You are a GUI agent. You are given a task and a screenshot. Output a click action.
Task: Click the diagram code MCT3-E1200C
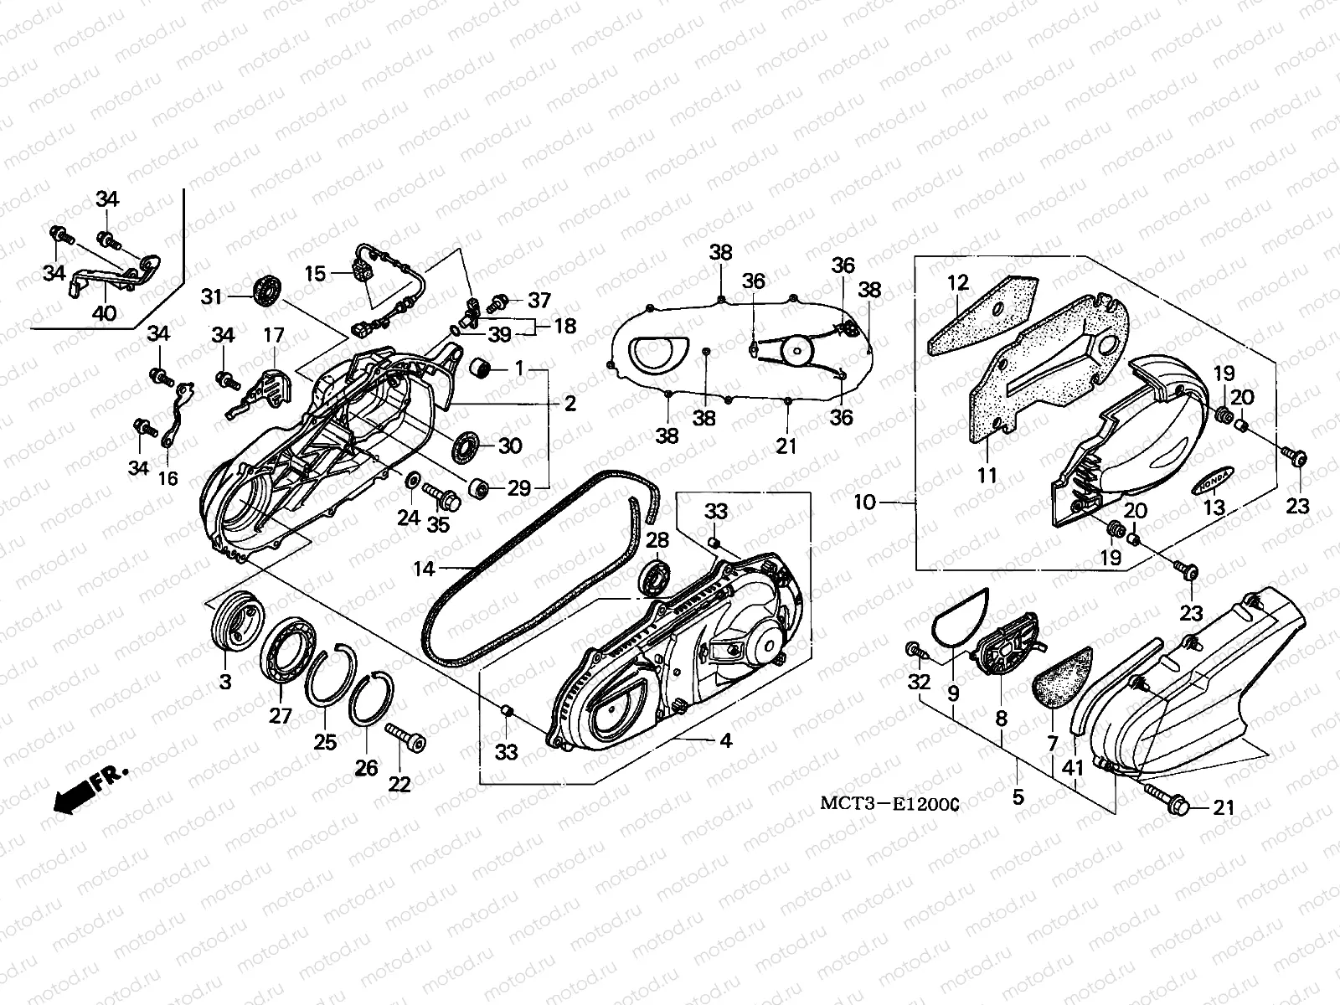click(889, 804)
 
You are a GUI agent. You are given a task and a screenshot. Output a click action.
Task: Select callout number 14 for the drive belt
click(424, 569)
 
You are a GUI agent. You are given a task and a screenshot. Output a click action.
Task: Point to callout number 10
click(864, 502)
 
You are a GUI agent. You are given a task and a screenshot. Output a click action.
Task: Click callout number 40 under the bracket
click(105, 314)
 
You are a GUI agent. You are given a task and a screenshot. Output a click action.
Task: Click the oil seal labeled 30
click(466, 445)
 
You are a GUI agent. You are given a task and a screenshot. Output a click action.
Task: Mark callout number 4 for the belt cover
click(725, 741)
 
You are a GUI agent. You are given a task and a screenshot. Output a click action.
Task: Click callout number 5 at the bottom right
click(1018, 796)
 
